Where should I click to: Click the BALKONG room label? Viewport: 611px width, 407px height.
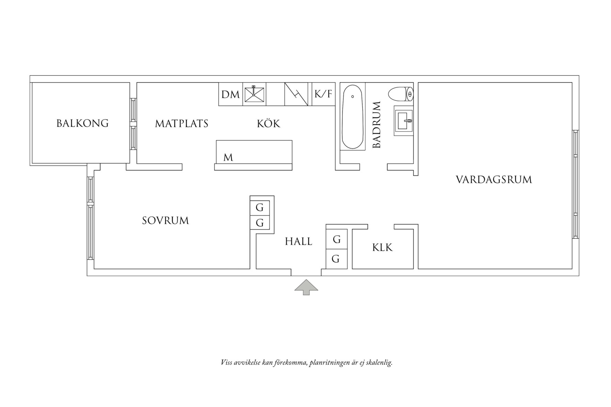coord(82,123)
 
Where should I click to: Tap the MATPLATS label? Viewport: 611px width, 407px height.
coord(182,124)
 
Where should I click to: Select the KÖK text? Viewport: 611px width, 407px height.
coord(268,123)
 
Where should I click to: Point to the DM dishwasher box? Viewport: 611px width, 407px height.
coord(230,94)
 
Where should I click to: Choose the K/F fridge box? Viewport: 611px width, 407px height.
coord(323,94)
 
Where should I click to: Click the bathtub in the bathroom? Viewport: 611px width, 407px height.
coord(353,117)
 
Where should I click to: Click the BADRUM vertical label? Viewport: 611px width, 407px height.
coord(377,125)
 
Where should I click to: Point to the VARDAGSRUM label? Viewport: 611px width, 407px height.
coord(494,180)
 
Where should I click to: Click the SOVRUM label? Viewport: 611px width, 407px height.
coord(165,220)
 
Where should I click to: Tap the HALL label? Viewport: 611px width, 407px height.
coord(298,242)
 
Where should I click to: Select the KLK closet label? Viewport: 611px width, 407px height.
coord(382,248)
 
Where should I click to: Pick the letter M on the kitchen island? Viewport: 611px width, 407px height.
coord(228,157)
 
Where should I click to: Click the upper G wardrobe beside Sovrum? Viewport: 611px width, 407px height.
coord(260,208)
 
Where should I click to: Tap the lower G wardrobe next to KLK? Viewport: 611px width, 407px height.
coord(336,259)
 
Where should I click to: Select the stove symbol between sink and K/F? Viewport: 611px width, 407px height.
coord(296,94)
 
